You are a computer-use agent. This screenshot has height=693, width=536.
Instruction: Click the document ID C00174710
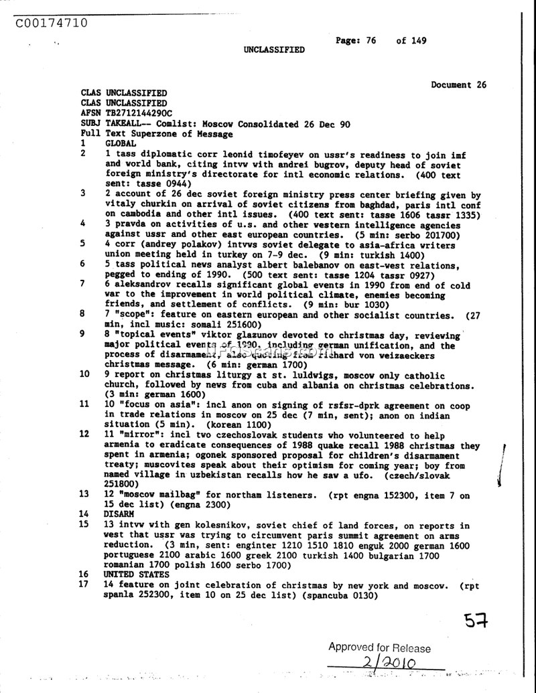(x=51, y=23)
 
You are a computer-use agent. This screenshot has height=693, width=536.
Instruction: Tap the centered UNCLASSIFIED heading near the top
(x=273, y=50)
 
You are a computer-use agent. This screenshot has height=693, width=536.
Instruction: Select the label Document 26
(x=458, y=84)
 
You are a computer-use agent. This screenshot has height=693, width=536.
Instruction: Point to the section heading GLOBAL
(x=121, y=143)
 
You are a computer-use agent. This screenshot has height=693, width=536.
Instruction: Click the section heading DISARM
(x=119, y=514)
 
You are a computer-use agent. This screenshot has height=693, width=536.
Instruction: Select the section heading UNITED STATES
(x=136, y=574)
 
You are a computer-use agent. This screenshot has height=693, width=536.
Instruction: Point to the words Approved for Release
(x=379, y=647)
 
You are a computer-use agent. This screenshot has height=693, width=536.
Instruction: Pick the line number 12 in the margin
(x=84, y=434)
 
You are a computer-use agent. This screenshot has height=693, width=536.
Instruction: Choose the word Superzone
(x=149, y=134)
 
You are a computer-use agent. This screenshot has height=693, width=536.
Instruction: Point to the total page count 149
(x=419, y=40)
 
